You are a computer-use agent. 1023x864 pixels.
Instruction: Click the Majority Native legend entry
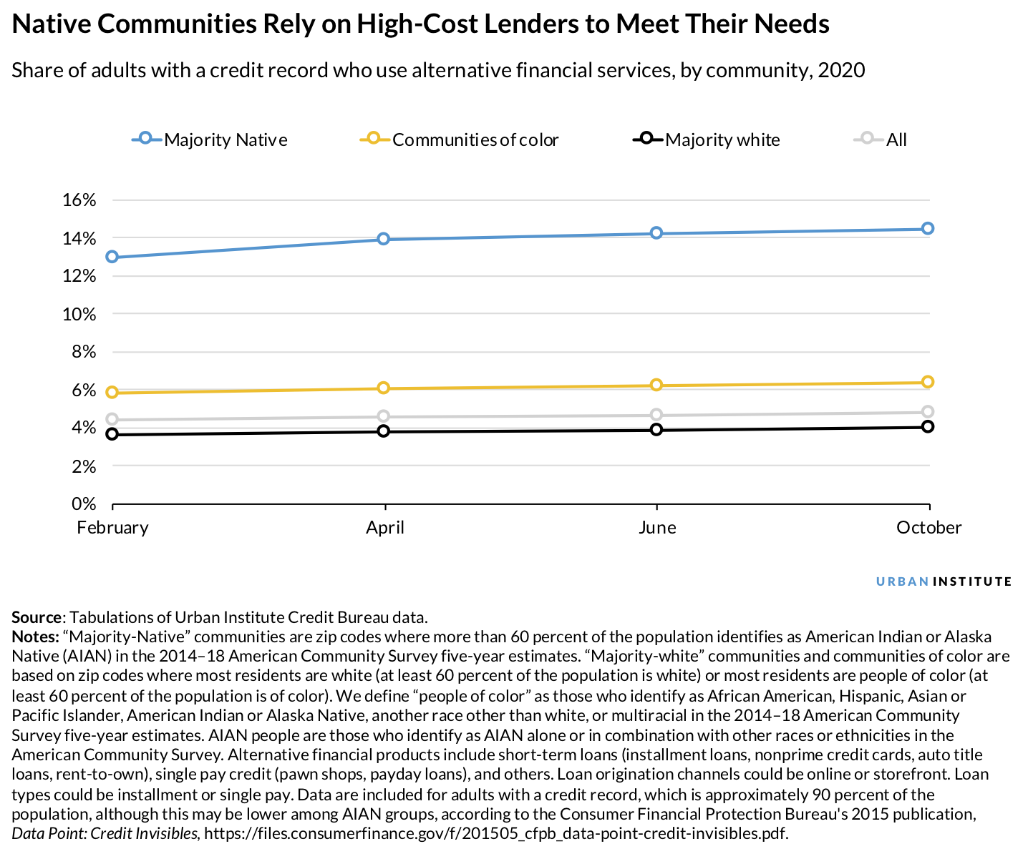[210, 139]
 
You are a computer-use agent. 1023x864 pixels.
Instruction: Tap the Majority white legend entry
[707, 139]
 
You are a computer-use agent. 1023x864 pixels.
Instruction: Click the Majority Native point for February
[112, 257]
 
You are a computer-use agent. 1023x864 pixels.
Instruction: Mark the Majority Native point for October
[928, 228]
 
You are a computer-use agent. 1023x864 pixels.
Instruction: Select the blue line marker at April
[384, 239]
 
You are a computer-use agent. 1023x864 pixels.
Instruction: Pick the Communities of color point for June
[656, 386]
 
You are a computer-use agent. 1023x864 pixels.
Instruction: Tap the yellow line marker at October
[928, 382]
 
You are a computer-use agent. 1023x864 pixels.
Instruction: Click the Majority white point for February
[112, 434]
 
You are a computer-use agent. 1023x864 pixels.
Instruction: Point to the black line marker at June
[656, 430]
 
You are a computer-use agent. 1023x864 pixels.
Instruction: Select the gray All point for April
[384, 416]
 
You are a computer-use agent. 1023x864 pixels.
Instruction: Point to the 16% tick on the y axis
[79, 200]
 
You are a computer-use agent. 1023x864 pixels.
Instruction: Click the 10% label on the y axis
[79, 314]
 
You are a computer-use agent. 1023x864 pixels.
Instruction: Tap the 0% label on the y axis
[83, 504]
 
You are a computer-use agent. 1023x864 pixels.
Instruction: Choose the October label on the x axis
[929, 528]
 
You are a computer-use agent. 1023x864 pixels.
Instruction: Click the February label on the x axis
[113, 528]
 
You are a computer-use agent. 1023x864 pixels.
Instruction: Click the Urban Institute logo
[944, 581]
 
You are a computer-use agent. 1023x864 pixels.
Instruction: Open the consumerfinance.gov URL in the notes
[495, 833]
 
